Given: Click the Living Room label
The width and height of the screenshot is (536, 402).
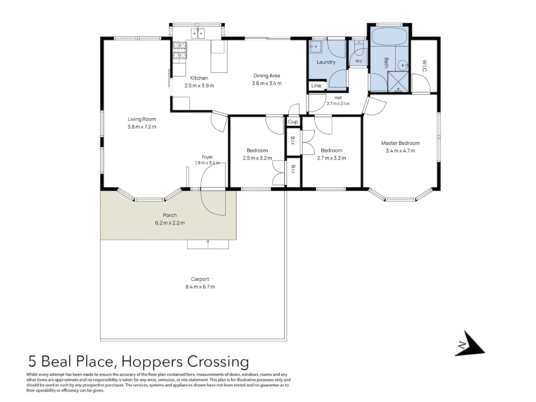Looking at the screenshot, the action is pos(142,119).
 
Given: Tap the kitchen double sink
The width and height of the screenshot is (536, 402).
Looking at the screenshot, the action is pos(198,33).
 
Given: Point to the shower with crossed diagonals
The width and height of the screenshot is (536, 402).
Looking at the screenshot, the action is pos(398,81).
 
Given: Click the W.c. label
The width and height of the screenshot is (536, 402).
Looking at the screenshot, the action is pos(359,61).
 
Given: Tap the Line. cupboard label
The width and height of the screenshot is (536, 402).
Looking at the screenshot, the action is pos(317,86).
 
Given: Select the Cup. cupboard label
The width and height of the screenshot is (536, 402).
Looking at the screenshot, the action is pos(293,122).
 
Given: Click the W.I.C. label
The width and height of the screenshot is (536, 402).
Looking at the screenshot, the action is pos(424,66).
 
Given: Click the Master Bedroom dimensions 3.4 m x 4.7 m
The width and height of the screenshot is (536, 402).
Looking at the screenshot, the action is pos(400,151).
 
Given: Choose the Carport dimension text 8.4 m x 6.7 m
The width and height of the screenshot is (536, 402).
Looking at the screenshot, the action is pos(200,286).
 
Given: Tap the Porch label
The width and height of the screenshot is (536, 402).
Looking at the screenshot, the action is pos(170,215).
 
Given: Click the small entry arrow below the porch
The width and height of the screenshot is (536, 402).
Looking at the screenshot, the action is pos(208,242).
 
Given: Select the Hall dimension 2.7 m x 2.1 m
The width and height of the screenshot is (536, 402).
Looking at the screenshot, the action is pos(338,104).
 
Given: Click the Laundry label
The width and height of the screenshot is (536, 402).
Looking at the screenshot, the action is pos(326,62).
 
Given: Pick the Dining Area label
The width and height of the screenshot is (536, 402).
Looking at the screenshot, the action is pos(267,76).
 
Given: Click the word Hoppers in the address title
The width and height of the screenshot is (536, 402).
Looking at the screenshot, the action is pos(152,362).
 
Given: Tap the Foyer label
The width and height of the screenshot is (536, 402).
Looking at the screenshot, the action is pos(207,157).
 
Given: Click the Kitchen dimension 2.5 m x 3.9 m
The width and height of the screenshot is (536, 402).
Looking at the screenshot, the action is pos(199,86).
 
